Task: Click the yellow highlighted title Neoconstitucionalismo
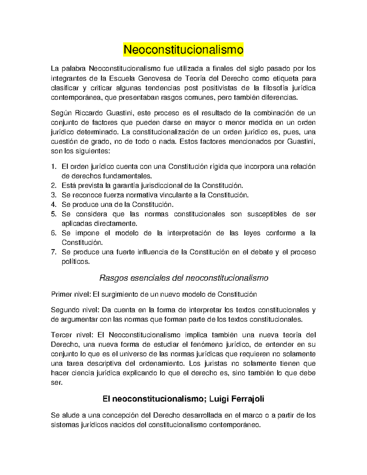(183, 49)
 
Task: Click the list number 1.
(54, 167)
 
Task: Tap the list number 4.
(54, 205)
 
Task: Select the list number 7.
(54, 252)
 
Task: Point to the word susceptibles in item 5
(267, 214)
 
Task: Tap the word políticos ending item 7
(76, 262)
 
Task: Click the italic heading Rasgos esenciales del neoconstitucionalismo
(184, 278)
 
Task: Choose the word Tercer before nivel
(61, 335)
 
